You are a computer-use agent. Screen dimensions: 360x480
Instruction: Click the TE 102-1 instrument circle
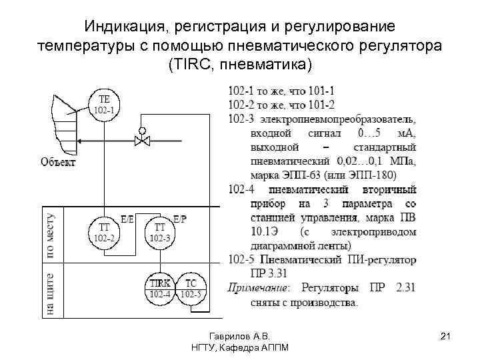103,105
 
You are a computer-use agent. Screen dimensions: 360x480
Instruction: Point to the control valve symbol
141,141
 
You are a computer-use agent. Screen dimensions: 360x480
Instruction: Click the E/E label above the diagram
127,218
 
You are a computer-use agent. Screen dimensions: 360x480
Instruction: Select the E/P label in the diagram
181,218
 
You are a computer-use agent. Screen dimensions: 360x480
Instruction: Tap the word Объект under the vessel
58,161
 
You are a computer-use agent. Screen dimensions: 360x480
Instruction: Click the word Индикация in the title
126,27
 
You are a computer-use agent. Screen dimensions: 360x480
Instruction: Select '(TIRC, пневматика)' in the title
240,65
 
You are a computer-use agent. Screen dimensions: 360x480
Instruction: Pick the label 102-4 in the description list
240,189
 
